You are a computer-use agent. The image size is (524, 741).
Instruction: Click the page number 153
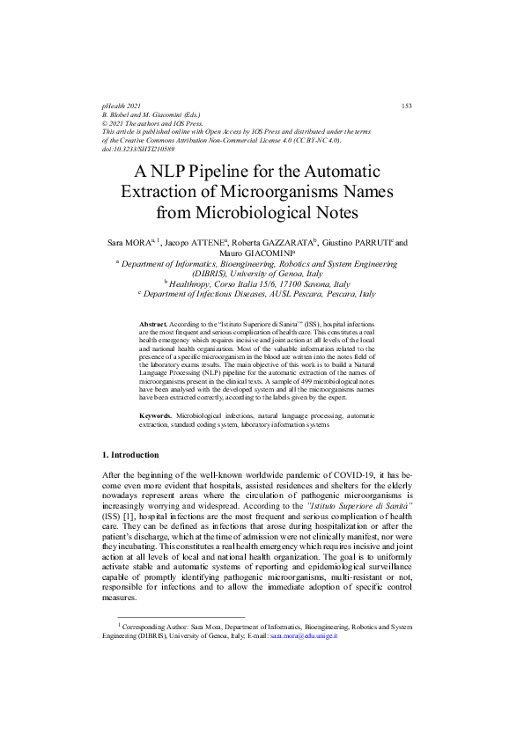click(407, 106)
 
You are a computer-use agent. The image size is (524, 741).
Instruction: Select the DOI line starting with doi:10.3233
click(138, 149)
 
